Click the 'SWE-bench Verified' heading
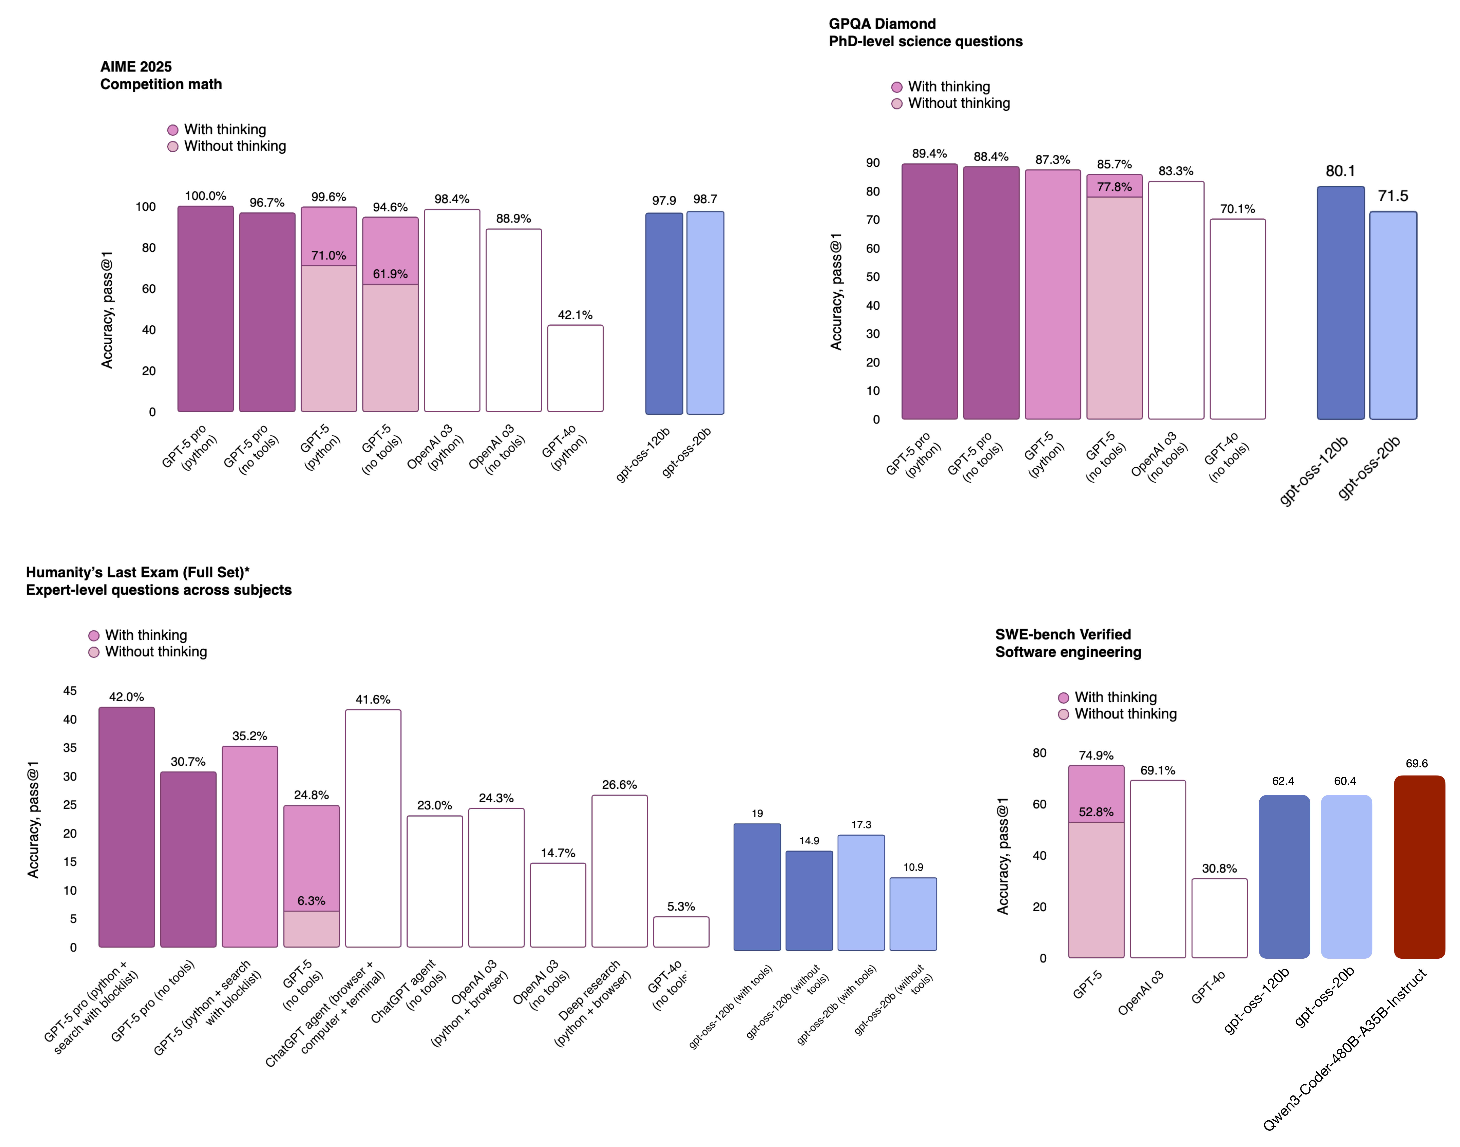(x=1062, y=635)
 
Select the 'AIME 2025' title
(x=136, y=67)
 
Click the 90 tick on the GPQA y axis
(x=872, y=163)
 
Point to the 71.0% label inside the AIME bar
(x=328, y=255)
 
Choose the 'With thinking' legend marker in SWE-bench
(x=1063, y=698)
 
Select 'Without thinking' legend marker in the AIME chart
(x=173, y=146)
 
